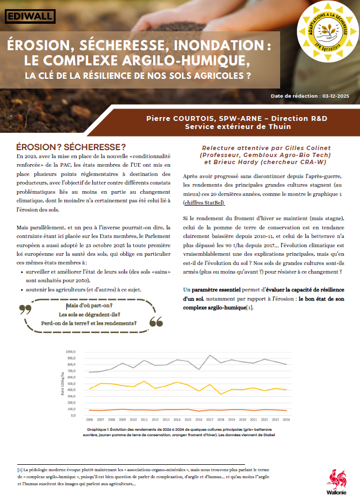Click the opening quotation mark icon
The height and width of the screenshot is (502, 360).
(x=25, y=310)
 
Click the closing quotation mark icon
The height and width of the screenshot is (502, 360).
(x=155, y=322)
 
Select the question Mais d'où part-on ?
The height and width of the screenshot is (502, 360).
(x=90, y=306)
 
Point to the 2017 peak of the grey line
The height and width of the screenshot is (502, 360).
(x=209, y=355)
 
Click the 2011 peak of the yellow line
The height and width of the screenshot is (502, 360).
(x=144, y=381)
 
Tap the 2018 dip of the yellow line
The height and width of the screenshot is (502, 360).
(x=220, y=394)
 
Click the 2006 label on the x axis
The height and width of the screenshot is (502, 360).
(x=89, y=419)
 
